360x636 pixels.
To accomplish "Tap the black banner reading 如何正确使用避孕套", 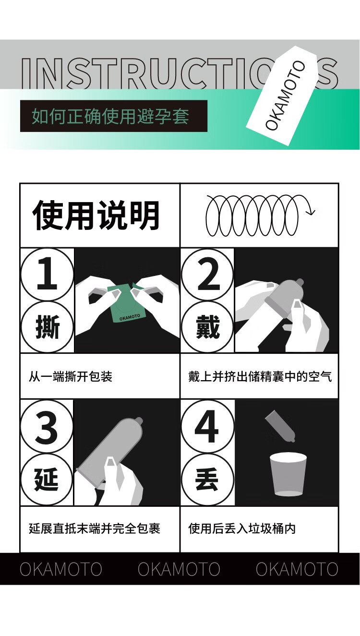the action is pos(114,116).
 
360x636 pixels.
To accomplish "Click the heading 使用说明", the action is pos(96,215).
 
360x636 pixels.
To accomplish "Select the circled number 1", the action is pos(47,274).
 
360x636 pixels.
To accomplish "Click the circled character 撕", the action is pos(47,327).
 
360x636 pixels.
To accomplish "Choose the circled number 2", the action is pos(207,275).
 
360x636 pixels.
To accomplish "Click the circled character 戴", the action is pos(207,327).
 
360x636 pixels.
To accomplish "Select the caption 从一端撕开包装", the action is pos(71,377).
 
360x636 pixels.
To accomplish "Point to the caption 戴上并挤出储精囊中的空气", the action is pos(260,377).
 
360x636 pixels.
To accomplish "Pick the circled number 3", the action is pos(47,427).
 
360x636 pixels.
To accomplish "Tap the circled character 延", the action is pos(47,480).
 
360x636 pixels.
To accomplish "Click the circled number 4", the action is pos(207,427).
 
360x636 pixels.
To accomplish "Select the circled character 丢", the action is pos(207,480).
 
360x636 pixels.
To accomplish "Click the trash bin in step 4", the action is pos(288,474).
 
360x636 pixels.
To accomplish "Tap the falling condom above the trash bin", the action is pos(280,426).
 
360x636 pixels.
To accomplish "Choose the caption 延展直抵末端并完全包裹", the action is pos(95,528).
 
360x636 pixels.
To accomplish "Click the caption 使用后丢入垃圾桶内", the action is pos(242,528).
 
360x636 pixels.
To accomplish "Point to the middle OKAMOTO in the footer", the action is pos(179,569).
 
